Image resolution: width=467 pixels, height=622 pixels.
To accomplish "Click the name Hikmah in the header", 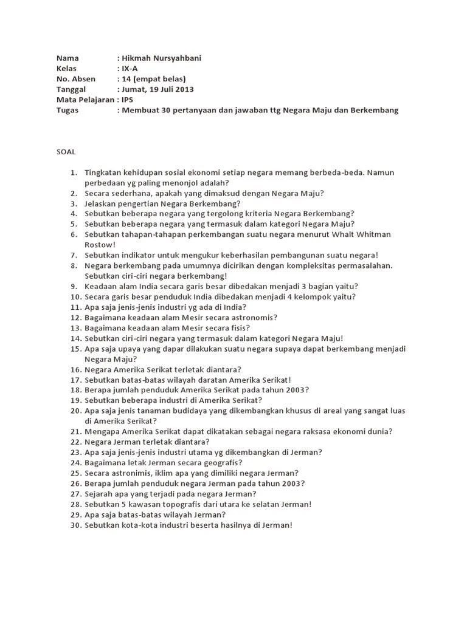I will click(x=137, y=58).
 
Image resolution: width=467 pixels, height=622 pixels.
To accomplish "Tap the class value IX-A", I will click(x=130, y=69).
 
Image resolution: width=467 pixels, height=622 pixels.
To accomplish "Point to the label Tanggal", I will click(x=72, y=89).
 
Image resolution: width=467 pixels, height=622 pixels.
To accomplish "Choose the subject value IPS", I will click(x=128, y=100).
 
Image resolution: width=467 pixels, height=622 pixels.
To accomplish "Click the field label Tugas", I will click(x=67, y=110).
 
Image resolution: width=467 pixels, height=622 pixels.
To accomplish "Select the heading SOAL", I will click(x=66, y=151).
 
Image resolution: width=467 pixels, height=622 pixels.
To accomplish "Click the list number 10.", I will click(x=75, y=296).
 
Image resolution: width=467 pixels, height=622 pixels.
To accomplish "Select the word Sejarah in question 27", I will click(x=100, y=494).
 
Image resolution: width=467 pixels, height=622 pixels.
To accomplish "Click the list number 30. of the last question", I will click(x=75, y=525).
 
